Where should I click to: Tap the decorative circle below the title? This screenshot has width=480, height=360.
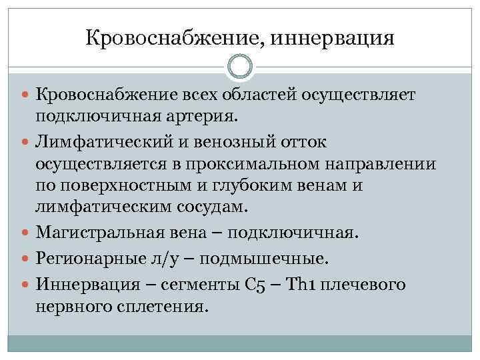[240, 67]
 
